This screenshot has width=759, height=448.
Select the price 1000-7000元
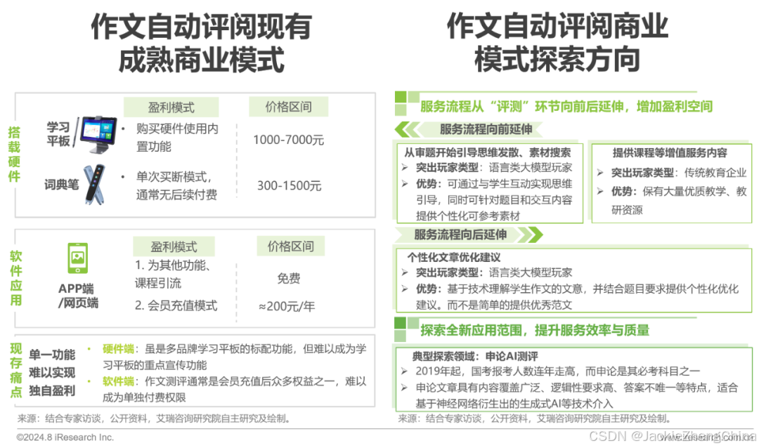(x=288, y=140)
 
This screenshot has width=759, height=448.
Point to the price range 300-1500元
(x=289, y=186)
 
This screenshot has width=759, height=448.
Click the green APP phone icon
(x=77, y=257)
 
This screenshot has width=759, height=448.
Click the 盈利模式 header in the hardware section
(x=171, y=107)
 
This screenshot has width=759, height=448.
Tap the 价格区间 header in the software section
(x=290, y=246)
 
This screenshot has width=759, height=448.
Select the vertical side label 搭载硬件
(x=13, y=154)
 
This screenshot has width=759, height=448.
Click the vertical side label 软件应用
(x=15, y=279)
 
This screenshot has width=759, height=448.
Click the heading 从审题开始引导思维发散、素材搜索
(x=487, y=152)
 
